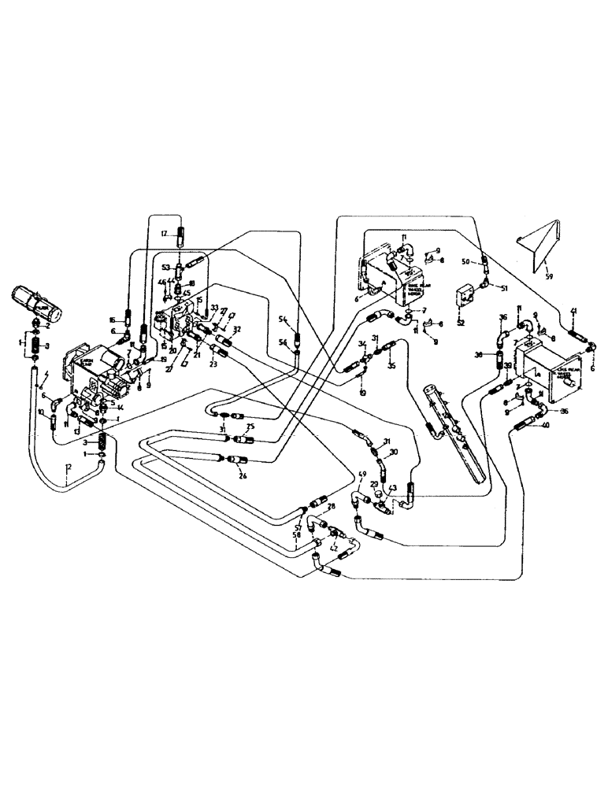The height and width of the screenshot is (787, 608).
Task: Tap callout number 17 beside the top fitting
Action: click(x=165, y=234)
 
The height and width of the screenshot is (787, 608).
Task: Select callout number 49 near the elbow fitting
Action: click(x=362, y=475)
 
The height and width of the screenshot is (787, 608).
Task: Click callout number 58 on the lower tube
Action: click(x=296, y=535)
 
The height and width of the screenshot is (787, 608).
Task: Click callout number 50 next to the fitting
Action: click(x=465, y=260)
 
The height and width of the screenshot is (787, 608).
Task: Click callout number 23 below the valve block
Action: click(x=212, y=364)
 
